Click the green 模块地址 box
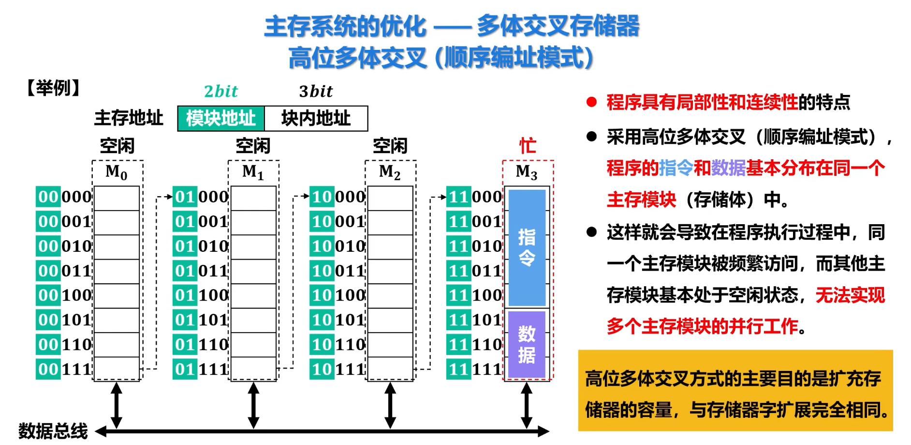221,119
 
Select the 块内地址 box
316,119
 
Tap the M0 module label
117,172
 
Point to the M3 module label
527,172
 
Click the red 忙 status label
528,146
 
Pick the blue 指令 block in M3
527,247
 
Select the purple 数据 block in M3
527,344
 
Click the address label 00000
64,197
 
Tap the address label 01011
201,271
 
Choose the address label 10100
338,295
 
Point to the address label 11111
474,369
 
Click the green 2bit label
221,91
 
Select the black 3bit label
316,91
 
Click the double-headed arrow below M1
253,405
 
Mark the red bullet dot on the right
591,102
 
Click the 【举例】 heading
53,88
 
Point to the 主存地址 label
129,118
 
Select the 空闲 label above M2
390,146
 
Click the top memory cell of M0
117,198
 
